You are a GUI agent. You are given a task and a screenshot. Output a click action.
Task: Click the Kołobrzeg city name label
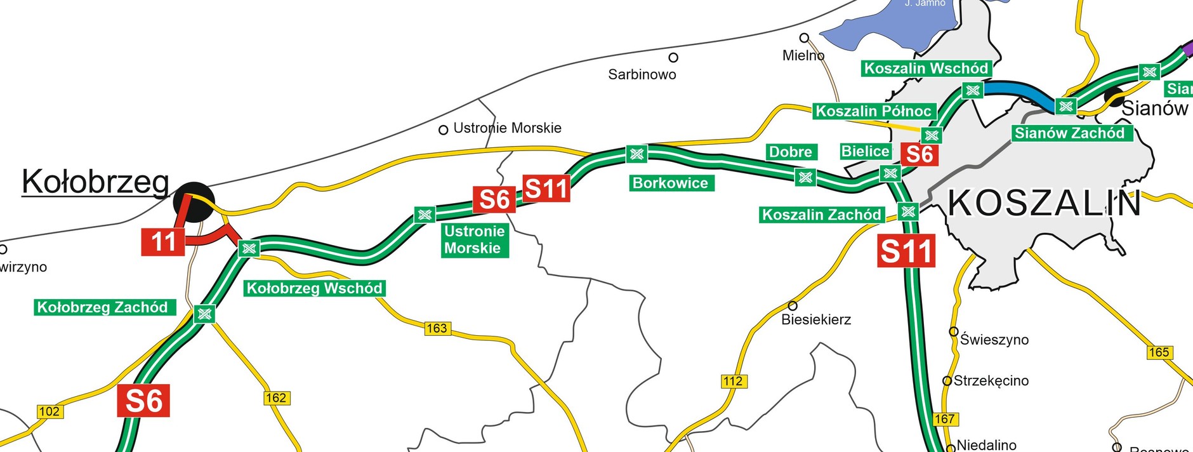pyautogui.click(x=95, y=183)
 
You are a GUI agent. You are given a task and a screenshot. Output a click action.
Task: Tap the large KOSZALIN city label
pyautogui.click(x=1044, y=204)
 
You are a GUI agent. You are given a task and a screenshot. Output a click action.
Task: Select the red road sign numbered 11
pyautogui.click(x=163, y=243)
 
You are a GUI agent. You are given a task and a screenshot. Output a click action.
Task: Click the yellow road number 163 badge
pyautogui.click(x=437, y=328)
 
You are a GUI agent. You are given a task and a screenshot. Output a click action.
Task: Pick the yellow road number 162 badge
pyautogui.click(x=276, y=398)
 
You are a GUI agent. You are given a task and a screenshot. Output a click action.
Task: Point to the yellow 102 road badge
pyautogui.click(x=49, y=411)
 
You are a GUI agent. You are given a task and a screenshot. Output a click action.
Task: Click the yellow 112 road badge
pyautogui.click(x=733, y=381)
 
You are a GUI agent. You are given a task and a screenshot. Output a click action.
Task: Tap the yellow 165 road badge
pyautogui.click(x=1159, y=352)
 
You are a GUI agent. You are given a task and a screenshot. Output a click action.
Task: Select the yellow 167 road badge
pyautogui.click(x=944, y=419)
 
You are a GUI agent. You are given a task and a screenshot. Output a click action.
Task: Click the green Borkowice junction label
pyautogui.click(x=671, y=183)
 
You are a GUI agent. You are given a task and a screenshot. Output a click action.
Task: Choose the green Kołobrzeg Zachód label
pyautogui.click(x=103, y=308)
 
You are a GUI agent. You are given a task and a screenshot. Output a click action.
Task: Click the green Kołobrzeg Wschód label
pyautogui.click(x=314, y=289)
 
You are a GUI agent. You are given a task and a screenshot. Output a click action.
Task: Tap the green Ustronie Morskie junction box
pyautogui.click(x=474, y=240)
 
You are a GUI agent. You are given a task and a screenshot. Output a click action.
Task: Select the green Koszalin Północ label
pyautogui.click(x=873, y=111)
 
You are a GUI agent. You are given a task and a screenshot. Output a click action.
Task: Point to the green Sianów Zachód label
pyautogui.click(x=1069, y=133)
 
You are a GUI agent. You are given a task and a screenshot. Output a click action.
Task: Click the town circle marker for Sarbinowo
pyautogui.click(x=673, y=58)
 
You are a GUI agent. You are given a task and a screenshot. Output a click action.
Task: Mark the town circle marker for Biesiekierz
pyautogui.click(x=793, y=306)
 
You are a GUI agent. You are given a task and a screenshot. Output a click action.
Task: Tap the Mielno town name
pyautogui.click(x=803, y=56)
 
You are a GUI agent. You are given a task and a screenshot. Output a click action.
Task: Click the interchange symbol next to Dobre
pyautogui.click(x=805, y=177)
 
